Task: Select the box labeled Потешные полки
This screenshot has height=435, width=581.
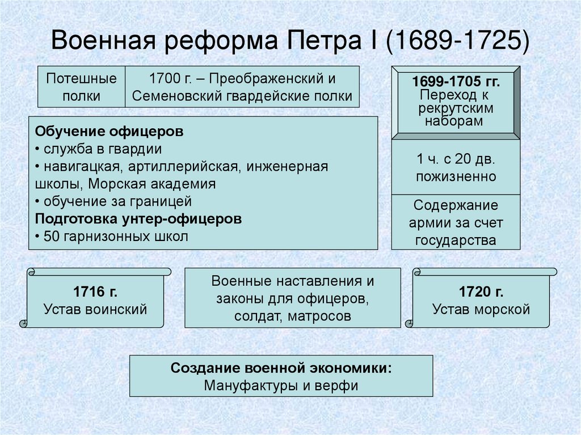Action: pos(81,87)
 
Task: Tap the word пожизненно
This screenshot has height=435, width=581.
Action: pos(456,176)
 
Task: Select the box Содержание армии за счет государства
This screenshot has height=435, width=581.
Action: pos(456,222)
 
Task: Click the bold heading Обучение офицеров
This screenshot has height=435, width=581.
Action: pos(109,132)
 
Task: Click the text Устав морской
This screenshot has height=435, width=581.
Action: pos(481,310)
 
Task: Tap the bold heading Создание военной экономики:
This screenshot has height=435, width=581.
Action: pos(281,368)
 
